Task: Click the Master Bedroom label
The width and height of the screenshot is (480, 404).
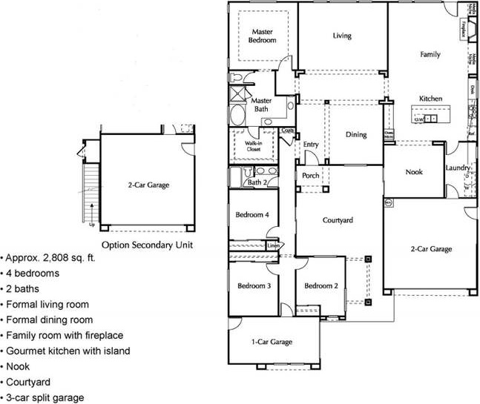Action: pos(263,36)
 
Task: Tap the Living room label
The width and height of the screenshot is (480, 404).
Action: pos(342,36)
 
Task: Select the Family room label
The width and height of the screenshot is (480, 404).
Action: pos(430,54)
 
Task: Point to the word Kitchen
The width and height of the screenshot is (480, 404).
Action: pos(431,99)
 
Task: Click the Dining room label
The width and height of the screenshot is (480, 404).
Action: pos(357,135)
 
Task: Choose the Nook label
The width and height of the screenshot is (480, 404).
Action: pos(413,172)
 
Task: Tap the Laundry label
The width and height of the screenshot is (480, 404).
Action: pos(458,168)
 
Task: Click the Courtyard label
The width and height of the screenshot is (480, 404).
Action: pos(337,220)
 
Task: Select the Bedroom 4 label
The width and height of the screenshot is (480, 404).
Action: pos(251,215)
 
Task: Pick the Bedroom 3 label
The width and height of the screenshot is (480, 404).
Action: pos(253,285)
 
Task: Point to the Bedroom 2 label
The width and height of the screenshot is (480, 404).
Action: pos(321,285)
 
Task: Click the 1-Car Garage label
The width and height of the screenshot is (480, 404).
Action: pos(272,342)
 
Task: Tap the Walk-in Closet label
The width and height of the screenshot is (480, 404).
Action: pos(249,146)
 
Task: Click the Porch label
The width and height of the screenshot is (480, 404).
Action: pos(311,176)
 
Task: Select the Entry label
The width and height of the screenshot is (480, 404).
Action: pos(311,145)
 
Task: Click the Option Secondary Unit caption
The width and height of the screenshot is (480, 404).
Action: pos(148,243)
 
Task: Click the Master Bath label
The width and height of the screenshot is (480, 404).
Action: pos(261,105)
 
